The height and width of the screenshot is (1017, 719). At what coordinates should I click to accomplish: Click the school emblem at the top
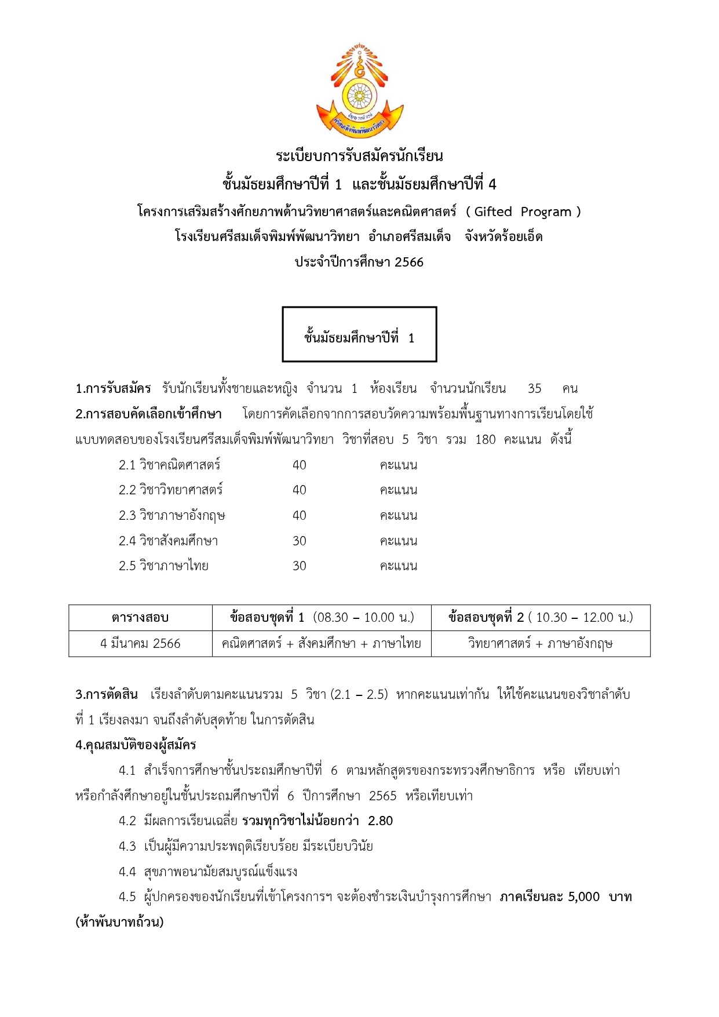coord(359,90)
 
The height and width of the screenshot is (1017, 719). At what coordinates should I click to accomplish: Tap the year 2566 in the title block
coord(409,262)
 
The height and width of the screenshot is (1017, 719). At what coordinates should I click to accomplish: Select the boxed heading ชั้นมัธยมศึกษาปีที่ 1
coord(359,338)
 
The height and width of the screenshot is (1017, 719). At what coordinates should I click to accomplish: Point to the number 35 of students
coord(534,389)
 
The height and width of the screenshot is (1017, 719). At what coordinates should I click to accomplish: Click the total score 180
coord(485,440)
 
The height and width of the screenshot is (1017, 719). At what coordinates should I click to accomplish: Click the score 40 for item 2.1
coord(299,465)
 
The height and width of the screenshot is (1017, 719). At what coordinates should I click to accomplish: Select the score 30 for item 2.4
coord(299,541)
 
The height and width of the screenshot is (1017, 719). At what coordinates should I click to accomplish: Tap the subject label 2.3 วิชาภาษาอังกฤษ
coord(171,516)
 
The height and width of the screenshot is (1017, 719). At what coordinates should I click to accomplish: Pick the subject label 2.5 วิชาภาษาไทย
coord(163,566)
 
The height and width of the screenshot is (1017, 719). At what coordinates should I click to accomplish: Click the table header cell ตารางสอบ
coord(140,618)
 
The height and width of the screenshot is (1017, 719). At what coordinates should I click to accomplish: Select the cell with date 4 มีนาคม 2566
coord(140,644)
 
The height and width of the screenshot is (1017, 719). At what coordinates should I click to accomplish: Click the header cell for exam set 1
coord(322,618)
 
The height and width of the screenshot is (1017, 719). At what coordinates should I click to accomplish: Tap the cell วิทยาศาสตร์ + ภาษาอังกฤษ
coord(540,644)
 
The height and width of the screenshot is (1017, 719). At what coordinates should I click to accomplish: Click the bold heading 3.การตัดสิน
coord(107,694)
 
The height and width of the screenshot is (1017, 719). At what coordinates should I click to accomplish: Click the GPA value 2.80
coord(380,821)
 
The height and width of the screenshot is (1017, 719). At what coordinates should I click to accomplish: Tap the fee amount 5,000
coord(583,897)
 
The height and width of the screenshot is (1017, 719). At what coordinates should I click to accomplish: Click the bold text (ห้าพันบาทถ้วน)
coord(119,923)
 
